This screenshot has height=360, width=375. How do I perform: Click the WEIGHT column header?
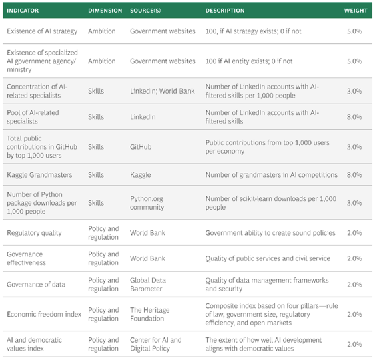coord(356,11)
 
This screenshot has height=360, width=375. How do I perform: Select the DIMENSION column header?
coord(105,11)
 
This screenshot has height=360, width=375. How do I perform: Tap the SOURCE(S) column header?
coord(145,11)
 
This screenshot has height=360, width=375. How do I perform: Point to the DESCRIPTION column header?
coord(225,11)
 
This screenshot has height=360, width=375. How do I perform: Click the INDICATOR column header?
coord(23,11)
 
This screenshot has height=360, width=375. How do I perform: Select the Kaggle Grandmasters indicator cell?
coord(39,175)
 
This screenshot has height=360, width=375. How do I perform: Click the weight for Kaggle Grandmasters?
coord(354,175)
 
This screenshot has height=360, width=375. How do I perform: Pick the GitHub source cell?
coord(141,147)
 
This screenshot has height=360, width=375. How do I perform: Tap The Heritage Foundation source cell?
coord(150,314)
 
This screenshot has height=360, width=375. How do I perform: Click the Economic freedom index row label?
coord(44,314)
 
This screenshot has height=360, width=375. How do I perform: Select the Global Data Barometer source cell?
coord(148,284)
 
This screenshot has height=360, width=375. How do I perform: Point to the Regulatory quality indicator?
coord(34,233)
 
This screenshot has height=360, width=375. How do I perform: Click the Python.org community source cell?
coord(147,203)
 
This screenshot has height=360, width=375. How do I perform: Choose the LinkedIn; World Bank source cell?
coord(162,91)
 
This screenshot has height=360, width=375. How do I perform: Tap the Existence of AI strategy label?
coord(42,31)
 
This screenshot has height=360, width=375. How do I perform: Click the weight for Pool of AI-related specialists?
coord(354,117)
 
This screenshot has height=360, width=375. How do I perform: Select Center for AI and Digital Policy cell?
coord(156,344)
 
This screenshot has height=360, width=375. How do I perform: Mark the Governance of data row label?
coord(36,284)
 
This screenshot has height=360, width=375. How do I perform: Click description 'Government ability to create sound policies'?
coord(270,233)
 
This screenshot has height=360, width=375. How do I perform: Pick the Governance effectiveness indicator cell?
coord(26,258)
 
